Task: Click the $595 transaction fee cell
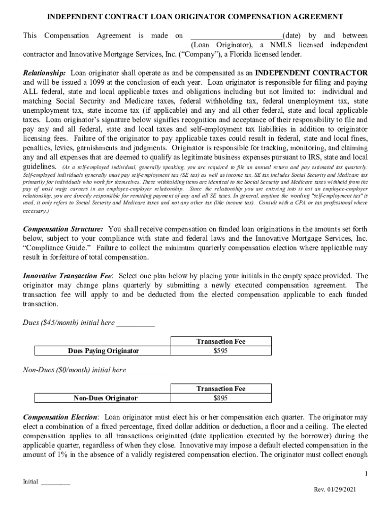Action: [220, 351]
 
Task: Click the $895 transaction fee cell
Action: [220, 398]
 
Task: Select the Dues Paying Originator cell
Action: [103, 351]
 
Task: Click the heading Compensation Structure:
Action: [63, 229]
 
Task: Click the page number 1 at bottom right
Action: [366, 474]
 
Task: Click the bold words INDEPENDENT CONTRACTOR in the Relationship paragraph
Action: [311, 73]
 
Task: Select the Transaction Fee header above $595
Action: [220, 342]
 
